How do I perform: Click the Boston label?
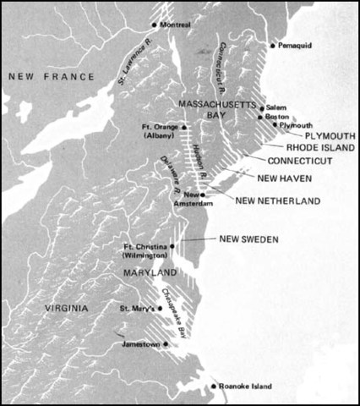(278, 118)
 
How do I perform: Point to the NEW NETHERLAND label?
(277, 200)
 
